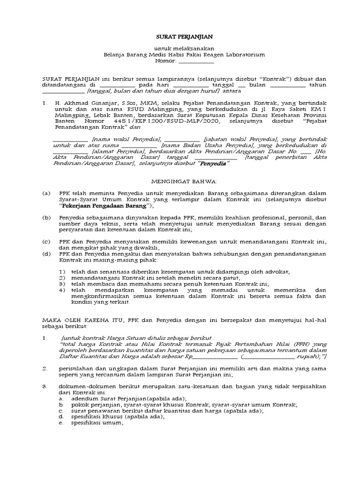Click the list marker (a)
46,193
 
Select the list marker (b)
46,217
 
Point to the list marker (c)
46,241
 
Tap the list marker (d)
46,254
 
